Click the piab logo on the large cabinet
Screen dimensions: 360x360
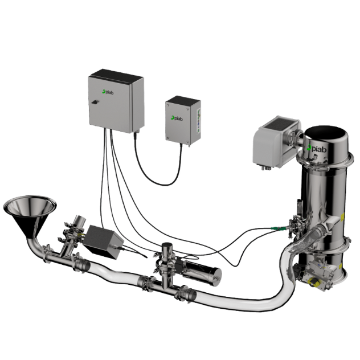coord(108,92)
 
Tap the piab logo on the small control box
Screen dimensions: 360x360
coord(177,118)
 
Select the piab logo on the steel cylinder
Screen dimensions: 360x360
coord(317,148)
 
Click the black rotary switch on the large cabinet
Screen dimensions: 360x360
coord(95,102)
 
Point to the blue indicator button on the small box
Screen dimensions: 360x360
coord(198,124)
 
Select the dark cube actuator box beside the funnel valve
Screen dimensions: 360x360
coord(103,242)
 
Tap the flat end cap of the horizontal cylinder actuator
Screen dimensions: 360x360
coord(217,277)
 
